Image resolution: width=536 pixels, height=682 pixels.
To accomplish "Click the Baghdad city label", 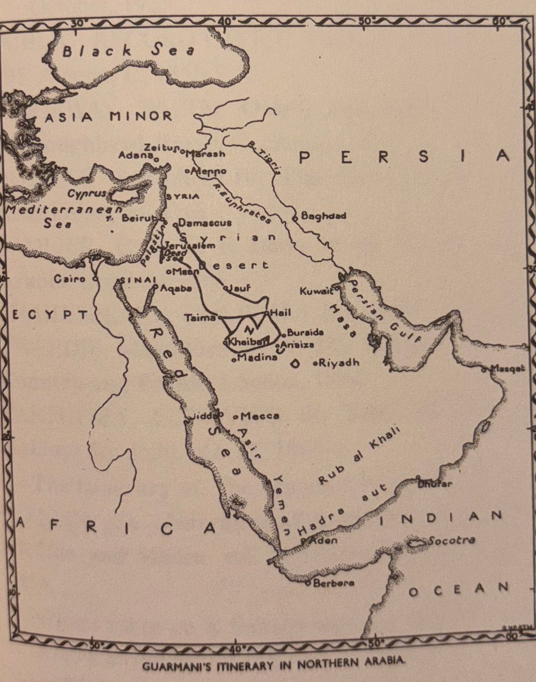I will tap(323, 216).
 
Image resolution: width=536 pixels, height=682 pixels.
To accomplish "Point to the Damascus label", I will tap(205, 223).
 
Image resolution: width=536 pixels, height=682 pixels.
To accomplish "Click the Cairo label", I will tap(69, 279).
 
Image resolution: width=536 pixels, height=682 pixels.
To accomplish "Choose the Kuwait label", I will tap(315, 292).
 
